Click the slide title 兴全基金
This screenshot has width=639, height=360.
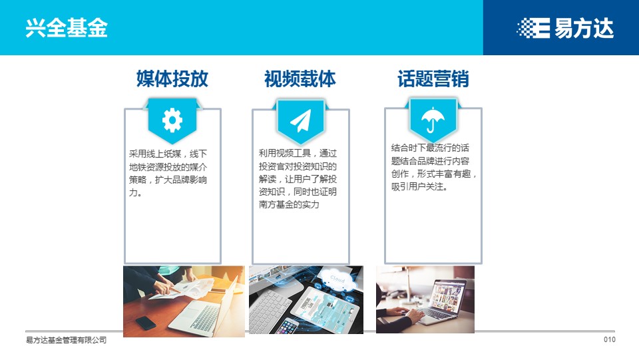pyautogui.click(x=67, y=28)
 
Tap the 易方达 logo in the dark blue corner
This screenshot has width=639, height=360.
pyautogui.click(x=565, y=28)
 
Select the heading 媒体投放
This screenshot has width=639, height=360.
pyautogui.click(x=172, y=79)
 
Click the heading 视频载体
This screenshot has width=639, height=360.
pyautogui.click(x=300, y=79)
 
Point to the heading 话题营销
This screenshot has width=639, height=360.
pyautogui.click(x=433, y=79)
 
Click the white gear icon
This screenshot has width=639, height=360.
pyautogui.click(x=172, y=120)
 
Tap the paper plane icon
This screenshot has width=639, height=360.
pyautogui.click(x=301, y=120)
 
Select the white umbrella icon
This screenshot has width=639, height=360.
pyautogui.click(x=433, y=119)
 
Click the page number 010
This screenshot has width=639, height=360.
pyautogui.click(x=610, y=339)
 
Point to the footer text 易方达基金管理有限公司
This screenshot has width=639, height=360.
pyautogui.click(x=66, y=340)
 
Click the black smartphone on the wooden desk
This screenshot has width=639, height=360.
pyautogui.click(x=146, y=323)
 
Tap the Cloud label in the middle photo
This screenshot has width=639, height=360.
pyautogui.click(x=337, y=279)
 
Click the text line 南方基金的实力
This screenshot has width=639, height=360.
pyautogui.click(x=289, y=204)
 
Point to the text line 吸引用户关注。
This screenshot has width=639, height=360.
pyautogui.click(x=419, y=186)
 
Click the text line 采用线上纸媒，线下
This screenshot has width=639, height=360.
pyautogui.click(x=168, y=154)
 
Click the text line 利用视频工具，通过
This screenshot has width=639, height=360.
pyautogui.click(x=298, y=154)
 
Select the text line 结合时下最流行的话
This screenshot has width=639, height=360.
pyautogui.click(x=430, y=148)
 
